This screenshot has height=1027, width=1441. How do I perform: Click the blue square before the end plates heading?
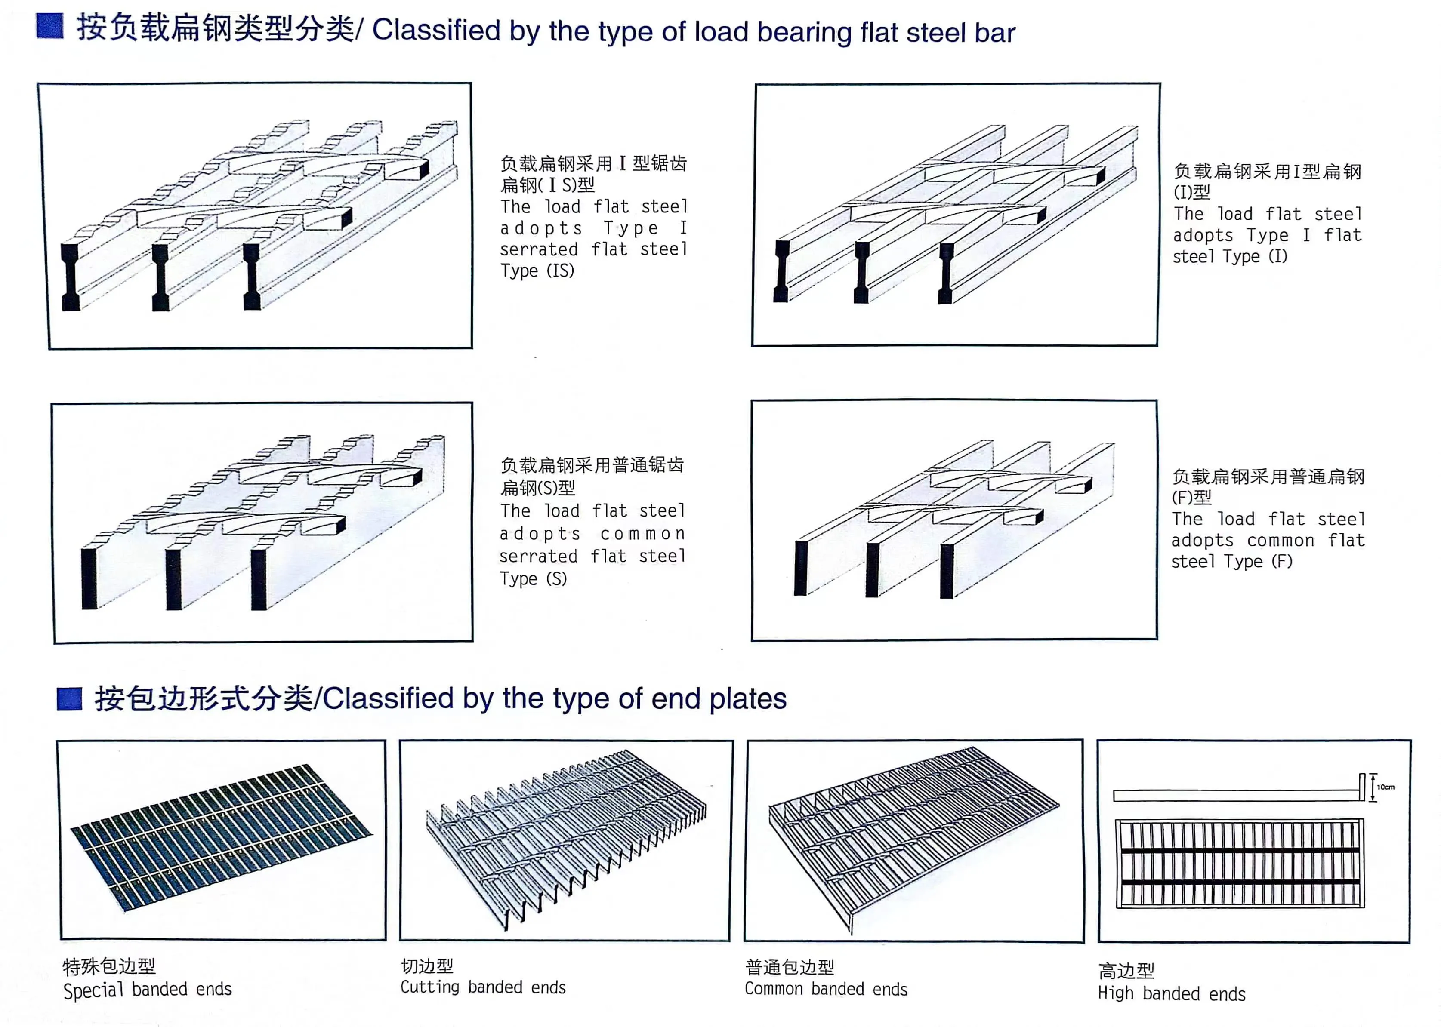tap(70, 699)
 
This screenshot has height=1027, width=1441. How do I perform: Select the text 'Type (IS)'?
tap(537, 271)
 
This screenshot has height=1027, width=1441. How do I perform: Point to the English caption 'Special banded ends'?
tap(148, 990)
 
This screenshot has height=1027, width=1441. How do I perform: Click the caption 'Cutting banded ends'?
tap(483, 987)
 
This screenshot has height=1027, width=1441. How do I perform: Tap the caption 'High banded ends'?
tap(1172, 993)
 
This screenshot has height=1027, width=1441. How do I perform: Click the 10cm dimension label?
tap(1385, 787)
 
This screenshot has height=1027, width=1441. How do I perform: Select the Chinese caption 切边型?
tap(427, 966)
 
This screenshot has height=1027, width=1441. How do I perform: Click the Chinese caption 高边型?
tap(1126, 970)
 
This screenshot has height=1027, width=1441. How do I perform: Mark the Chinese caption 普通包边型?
tap(790, 967)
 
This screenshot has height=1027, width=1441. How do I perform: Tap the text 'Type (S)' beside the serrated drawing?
tap(533, 578)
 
